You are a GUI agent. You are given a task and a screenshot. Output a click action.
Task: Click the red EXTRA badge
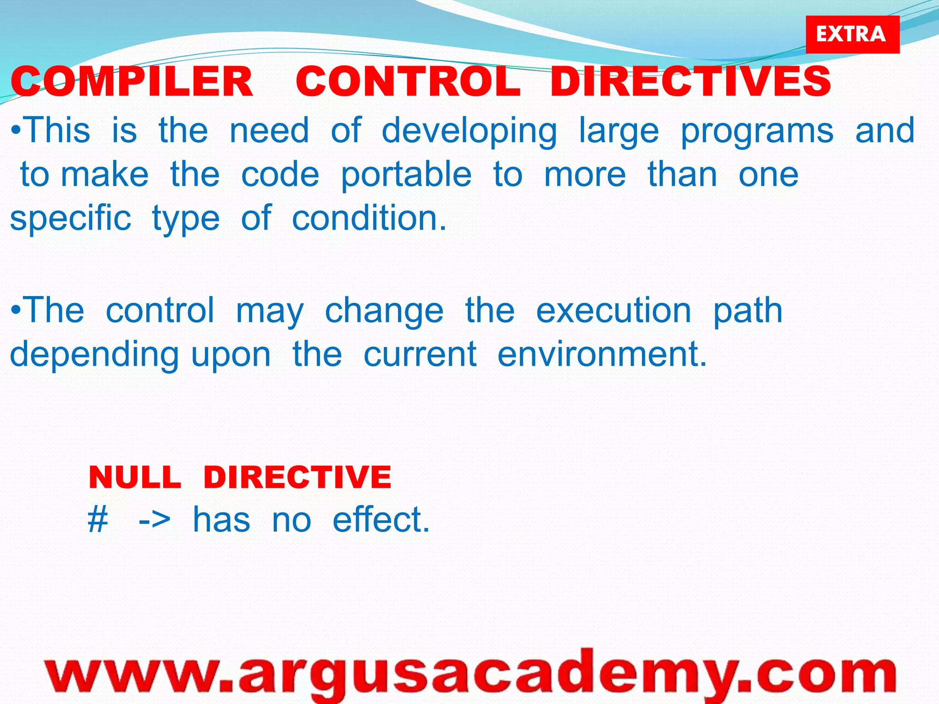tap(852, 34)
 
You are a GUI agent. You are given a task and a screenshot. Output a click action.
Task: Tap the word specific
tap(71, 219)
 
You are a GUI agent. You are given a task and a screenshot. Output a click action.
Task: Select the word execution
tap(613, 310)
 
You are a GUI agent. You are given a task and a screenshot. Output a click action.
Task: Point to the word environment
tap(602, 354)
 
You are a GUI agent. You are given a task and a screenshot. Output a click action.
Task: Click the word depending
tap(94, 355)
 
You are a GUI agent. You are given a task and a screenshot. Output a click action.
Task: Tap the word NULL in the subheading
tap(135, 477)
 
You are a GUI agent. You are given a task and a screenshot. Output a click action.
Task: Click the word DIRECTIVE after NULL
tap(297, 477)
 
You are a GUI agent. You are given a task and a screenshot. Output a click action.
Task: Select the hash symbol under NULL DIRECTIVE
tap(98, 520)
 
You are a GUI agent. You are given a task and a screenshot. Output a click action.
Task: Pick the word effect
tap(381, 520)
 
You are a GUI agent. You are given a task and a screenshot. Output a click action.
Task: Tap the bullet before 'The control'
tap(16, 311)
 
